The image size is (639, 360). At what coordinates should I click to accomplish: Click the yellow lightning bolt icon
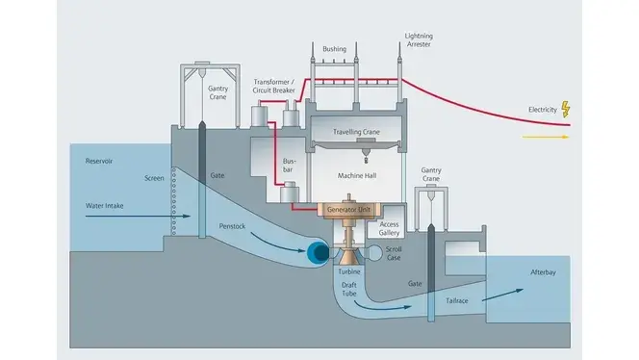tap(566, 110)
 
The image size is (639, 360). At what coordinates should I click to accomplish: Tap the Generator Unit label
tap(348, 210)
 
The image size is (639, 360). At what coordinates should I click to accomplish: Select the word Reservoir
tap(99, 161)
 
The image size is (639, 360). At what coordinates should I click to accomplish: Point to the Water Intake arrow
tap(138, 216)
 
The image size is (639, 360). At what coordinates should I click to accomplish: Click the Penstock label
tap(232, 226)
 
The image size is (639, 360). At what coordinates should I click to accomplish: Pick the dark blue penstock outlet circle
tap(318, 252)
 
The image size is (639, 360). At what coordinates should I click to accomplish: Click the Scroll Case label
tap(394, 253)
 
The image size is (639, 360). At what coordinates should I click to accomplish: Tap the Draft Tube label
tap(348, 289)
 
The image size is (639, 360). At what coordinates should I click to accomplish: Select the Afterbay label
tap(543, 272)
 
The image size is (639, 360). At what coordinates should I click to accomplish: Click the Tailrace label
tap(457, 301)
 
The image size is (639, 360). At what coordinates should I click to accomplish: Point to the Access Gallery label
tap(389, 229)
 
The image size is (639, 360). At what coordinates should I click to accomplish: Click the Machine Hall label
tap(357, 176)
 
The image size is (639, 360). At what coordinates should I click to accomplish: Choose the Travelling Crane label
tap(356, 132)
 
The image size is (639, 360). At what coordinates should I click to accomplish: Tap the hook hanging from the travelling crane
tap(366, 156)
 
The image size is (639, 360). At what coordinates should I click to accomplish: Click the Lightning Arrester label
tap(419, 40)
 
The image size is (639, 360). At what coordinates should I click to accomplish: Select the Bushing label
tap(335, 49)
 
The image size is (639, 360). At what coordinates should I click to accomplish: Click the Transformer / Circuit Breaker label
tap(274, 86)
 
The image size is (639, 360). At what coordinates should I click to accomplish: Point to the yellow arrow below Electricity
tap(546, 137)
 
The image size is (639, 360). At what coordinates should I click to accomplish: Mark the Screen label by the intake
tap(154, 178)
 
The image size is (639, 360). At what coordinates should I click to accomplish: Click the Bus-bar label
tap(289, 166)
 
